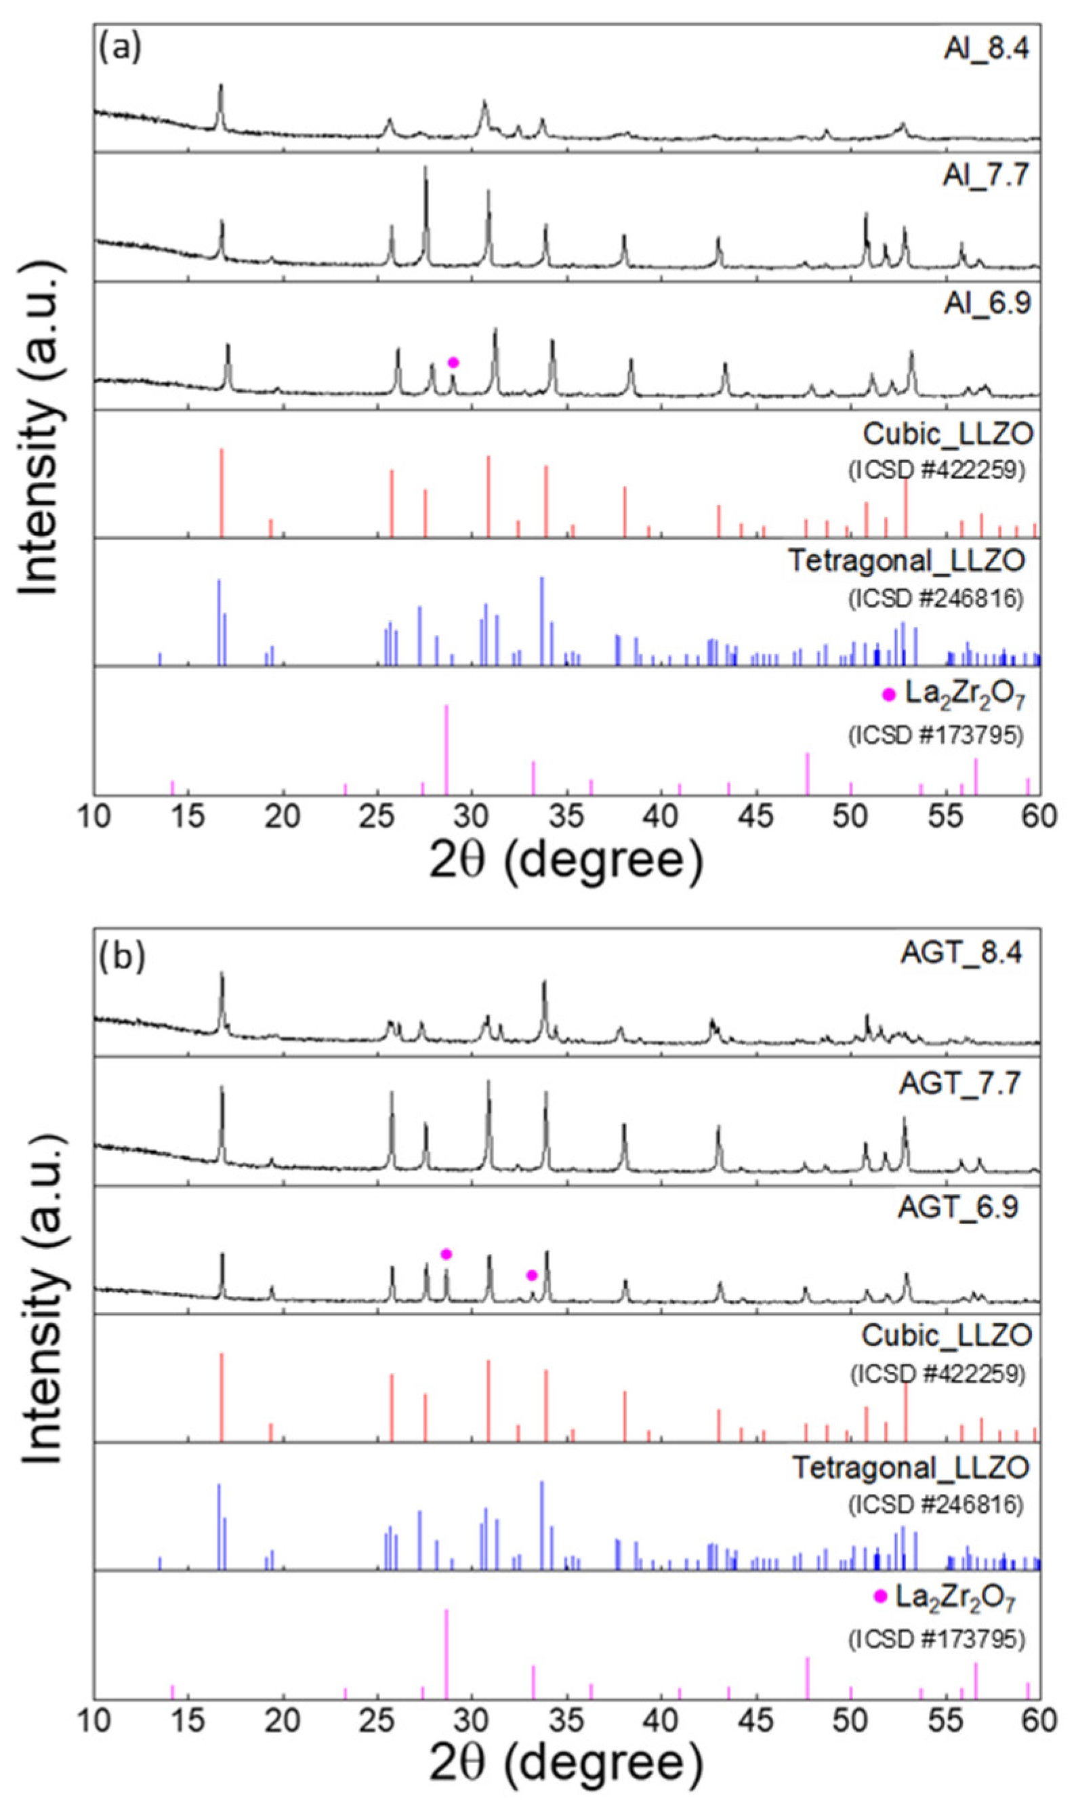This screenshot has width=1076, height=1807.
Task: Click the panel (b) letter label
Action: click(x=123, y=956)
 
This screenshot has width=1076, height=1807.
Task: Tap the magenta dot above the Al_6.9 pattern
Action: click(x=453, y=362)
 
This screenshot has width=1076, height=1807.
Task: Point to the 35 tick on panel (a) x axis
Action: click(x=567, y=817)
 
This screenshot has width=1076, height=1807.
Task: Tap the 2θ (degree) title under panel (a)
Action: click(x=566, y=861)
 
